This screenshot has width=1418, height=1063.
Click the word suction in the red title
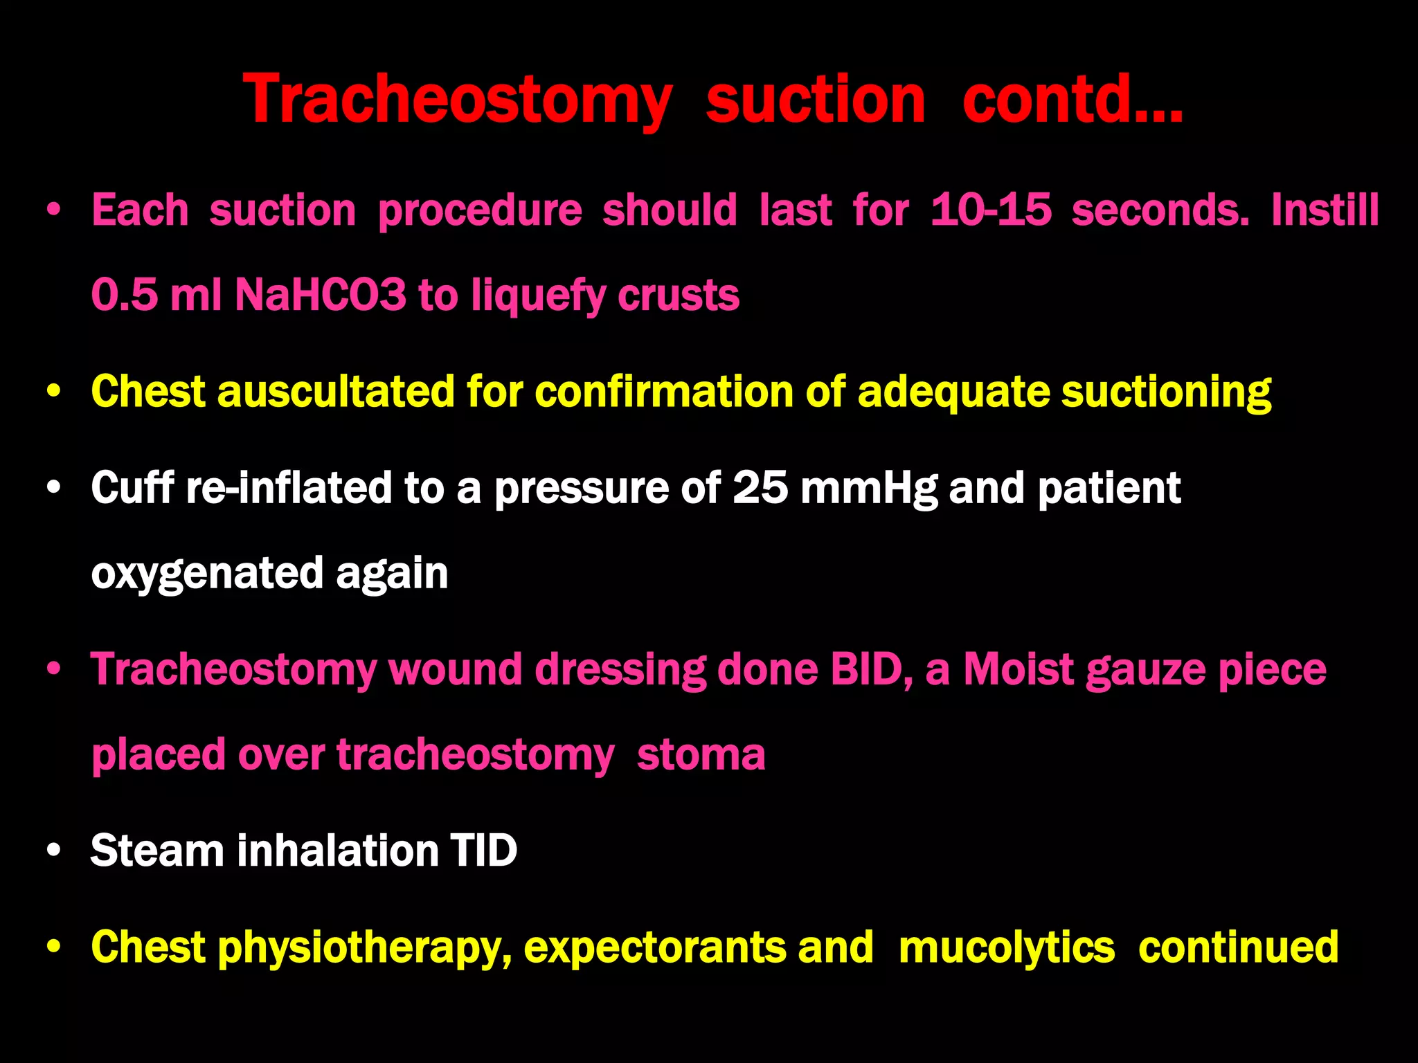click(815, 100)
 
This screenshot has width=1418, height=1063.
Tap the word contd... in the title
click(1073, 100)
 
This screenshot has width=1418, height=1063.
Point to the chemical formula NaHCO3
click(321, 295)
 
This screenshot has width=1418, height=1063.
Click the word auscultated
click(335, 392)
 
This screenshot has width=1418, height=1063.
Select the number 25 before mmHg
click(760, 488)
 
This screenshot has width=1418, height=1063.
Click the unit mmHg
click(868, 488)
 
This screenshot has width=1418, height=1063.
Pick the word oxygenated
click(207, 574)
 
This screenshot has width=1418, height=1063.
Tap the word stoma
click(701, 754)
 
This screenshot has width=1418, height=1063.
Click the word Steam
click(157, 850)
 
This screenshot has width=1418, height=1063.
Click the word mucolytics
click(1007, 947)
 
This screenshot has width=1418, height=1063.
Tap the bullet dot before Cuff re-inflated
click(54, 487)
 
